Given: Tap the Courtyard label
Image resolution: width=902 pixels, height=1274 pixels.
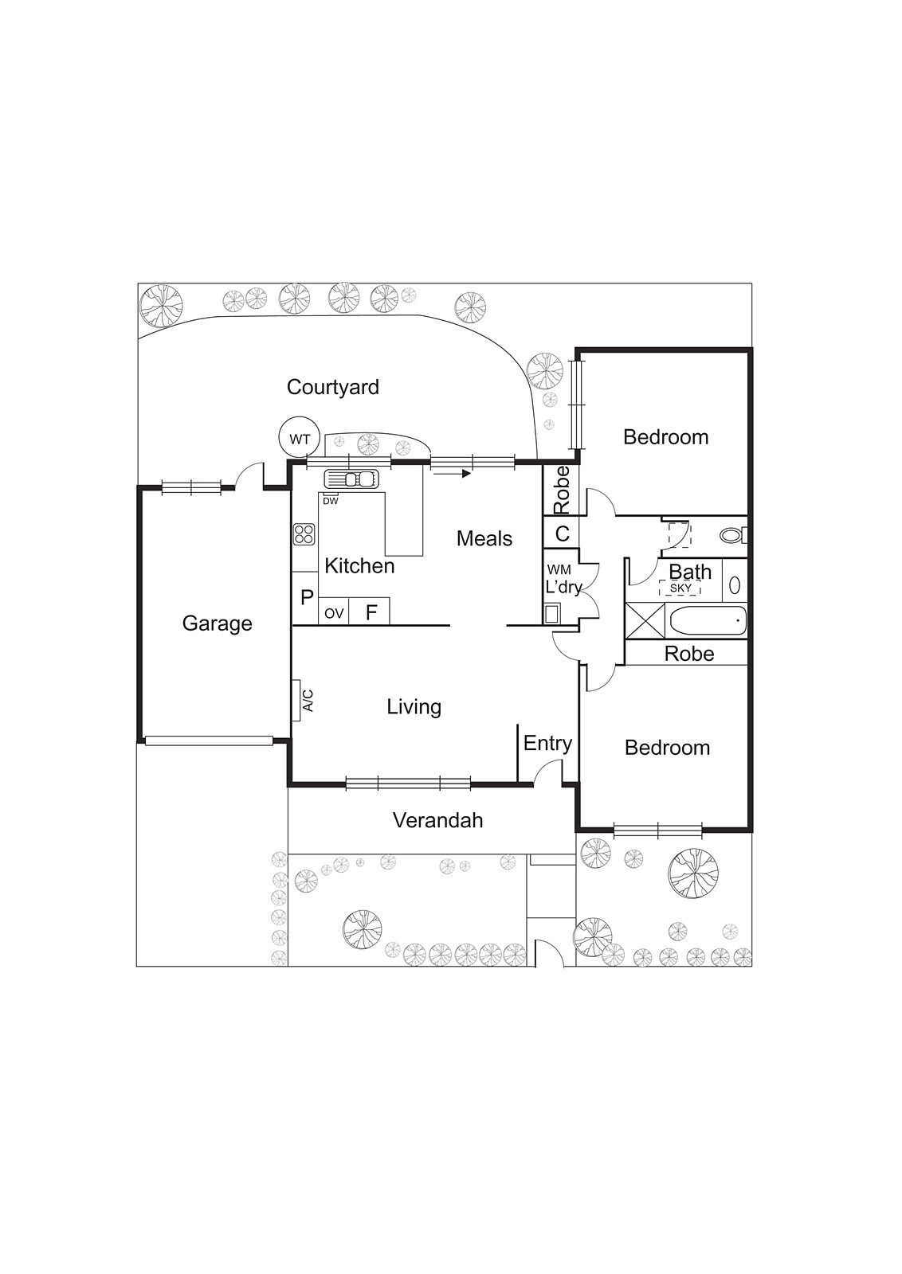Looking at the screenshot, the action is (333, 387).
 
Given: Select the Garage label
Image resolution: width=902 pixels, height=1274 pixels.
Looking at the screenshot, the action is (217, 623).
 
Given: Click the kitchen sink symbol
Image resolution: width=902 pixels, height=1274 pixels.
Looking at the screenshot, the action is (351, 479).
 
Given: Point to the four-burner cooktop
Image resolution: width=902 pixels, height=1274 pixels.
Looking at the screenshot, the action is (304, 534).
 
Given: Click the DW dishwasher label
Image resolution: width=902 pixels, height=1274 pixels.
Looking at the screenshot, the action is (330, 501).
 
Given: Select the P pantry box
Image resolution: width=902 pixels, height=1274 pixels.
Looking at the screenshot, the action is (306, 598).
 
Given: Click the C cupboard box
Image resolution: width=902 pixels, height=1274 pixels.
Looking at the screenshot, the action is (561, 533).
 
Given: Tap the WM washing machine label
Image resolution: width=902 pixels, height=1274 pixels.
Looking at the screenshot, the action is (559, 570).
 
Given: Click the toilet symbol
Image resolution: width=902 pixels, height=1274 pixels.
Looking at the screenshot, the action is (732, 535).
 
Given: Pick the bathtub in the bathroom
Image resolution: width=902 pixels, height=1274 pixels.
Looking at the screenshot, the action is (708, 622).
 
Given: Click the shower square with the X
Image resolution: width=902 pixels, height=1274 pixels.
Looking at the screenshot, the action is (645, 622).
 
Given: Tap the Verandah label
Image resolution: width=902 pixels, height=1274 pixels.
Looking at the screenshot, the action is (437, 820).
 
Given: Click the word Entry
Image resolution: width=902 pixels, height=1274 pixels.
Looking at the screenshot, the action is (547, 744).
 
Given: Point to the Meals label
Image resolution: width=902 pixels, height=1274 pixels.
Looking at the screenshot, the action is (484, 538).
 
